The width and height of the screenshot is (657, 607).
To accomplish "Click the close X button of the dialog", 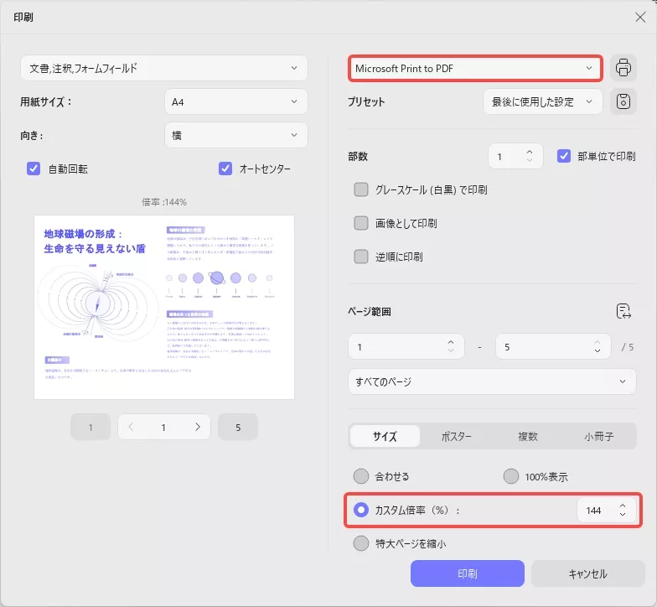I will (640, 17).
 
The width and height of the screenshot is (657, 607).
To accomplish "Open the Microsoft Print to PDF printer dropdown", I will (475, 68).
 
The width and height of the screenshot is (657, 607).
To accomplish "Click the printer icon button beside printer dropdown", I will (623, 68).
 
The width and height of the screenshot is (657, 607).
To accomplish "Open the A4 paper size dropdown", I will (235, 101).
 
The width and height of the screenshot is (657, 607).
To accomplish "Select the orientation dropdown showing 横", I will (235, 135).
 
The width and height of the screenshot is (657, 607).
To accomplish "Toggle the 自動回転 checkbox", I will (34, 169).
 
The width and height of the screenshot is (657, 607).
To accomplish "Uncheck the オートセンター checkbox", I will (225, 169).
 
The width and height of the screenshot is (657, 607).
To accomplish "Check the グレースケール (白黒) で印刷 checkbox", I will (361, 189).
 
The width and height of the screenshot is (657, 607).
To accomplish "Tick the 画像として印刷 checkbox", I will (361, 223).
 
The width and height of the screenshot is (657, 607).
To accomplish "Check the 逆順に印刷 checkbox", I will (361, 257).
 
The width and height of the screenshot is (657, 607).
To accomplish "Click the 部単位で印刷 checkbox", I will (564, 156).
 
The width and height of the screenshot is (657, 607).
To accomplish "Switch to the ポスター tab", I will (456, 437).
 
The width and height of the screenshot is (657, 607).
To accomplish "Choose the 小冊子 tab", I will (598, 437).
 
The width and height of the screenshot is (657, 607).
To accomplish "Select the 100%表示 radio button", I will (511, 476).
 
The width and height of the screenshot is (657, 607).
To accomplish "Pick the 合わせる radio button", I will (361, 476).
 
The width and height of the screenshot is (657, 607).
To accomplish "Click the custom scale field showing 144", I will (594, 510).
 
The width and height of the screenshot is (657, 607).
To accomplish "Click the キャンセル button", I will (587, 574).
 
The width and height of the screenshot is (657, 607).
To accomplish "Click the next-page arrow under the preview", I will (198, 427).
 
